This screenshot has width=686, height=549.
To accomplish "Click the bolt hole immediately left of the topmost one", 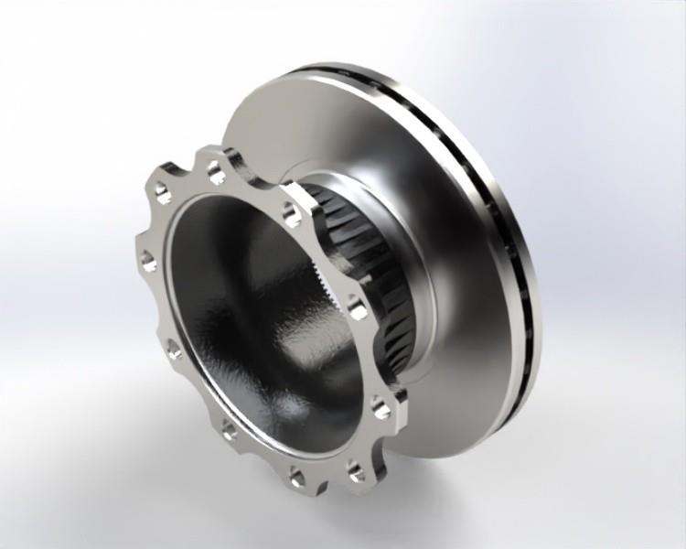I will pos(162,191).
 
